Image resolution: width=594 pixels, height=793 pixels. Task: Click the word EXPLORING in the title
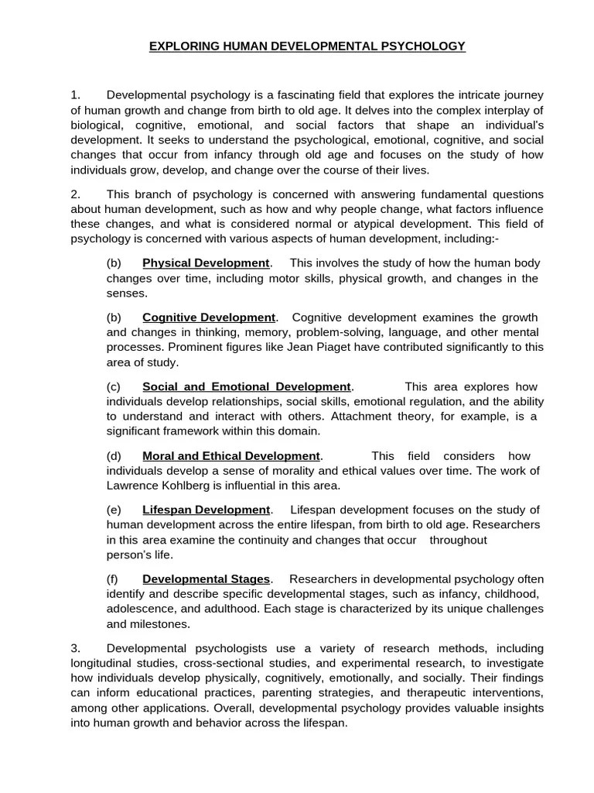pos(180,46)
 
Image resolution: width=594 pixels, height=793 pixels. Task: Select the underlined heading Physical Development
pos(206,263)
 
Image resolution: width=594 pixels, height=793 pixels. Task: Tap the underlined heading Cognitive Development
pos(209,318)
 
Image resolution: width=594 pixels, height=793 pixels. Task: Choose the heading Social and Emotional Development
pos(247,386)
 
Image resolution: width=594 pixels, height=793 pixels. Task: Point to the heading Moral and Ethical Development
pos(230,456)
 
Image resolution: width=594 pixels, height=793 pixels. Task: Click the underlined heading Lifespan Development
pos(206,510)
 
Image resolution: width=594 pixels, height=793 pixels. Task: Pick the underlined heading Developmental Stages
pos(206,579)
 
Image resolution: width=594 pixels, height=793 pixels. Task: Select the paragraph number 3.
pos(76,648)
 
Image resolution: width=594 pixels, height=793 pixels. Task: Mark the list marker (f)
pos(114,579)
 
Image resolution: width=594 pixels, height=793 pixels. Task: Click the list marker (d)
pos(114,456)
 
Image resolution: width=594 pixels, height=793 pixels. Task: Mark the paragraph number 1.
pos(76,94)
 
